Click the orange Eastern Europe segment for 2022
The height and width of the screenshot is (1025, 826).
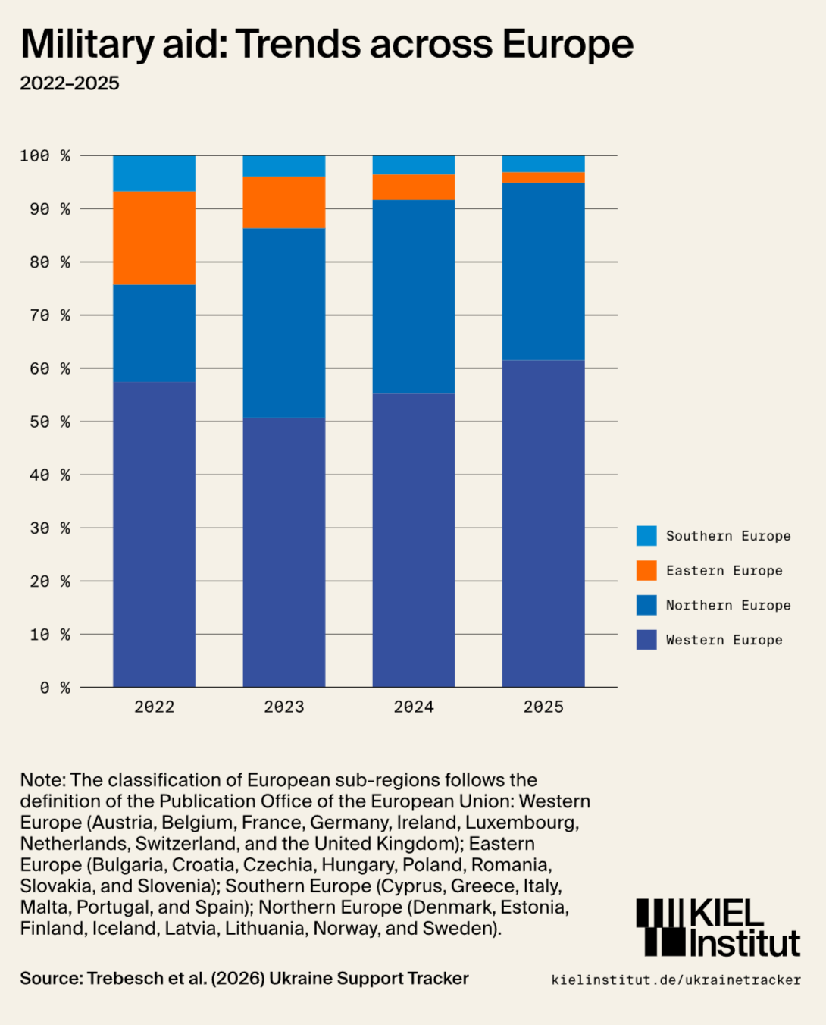[x=154, y=238]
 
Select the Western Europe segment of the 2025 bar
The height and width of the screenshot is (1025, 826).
[x=543, y=523]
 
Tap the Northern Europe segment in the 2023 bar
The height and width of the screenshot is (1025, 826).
[x=284, y=323]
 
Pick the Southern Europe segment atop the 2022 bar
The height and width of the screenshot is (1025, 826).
[x=154, y=174]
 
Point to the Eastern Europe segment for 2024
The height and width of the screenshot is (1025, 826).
[x=414, y=187]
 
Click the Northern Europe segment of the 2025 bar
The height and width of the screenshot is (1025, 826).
[x=543, y=271]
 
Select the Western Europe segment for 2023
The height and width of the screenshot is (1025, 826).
[x=284, y=552]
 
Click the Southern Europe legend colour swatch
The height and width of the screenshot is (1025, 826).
[x=646, y=536]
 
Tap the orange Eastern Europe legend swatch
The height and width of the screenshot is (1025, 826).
[x=646, y=571]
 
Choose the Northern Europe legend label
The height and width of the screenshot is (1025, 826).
[x=728, y=605]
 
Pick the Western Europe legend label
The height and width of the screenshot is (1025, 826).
[x=724, y=640]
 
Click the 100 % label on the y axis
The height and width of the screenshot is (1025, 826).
[x=45, y=155]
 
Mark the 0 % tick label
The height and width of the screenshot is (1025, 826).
[x=55, y=688]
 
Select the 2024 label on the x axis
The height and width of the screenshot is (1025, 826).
[x=414, y=707]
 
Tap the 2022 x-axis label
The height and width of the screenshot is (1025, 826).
[x=154, y=707]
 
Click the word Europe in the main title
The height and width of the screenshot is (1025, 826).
[x=568, y=44]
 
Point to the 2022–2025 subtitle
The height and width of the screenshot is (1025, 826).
[x=70, y=83]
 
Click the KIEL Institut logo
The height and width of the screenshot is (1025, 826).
[x=718, y=928]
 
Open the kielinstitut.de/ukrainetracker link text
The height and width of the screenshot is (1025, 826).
[x=676, y=980]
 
